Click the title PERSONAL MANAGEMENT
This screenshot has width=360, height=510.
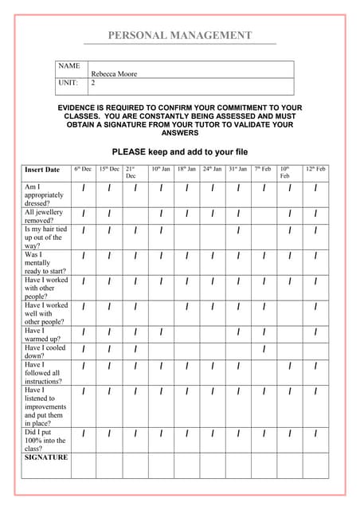click(x=180, y=35)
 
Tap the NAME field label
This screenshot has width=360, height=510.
click(x=69, y=65)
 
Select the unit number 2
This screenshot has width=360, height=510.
click(x=93, y=82)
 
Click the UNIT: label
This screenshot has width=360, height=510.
click(x=68, y=82)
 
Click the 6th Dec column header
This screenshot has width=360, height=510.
click(x=83, y=169)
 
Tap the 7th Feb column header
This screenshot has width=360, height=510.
click(x=263, y=169)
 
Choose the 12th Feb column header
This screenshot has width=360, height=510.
click(x=315, y=169)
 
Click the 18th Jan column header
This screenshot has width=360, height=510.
click(x=186, y=169)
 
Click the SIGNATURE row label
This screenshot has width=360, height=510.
click(x=46, y=457)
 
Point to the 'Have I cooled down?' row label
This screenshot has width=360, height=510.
click(x=45, y=351)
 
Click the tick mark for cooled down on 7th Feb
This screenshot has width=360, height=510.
click(x=264, y=349)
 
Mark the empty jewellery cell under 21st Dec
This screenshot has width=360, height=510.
click(x=135, y=215)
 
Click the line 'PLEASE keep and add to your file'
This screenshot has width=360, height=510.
click(x=180, y=151)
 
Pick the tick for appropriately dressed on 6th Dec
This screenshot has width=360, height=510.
click(x=84, y=189)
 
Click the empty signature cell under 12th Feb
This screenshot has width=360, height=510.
click(x=315, y=465)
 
